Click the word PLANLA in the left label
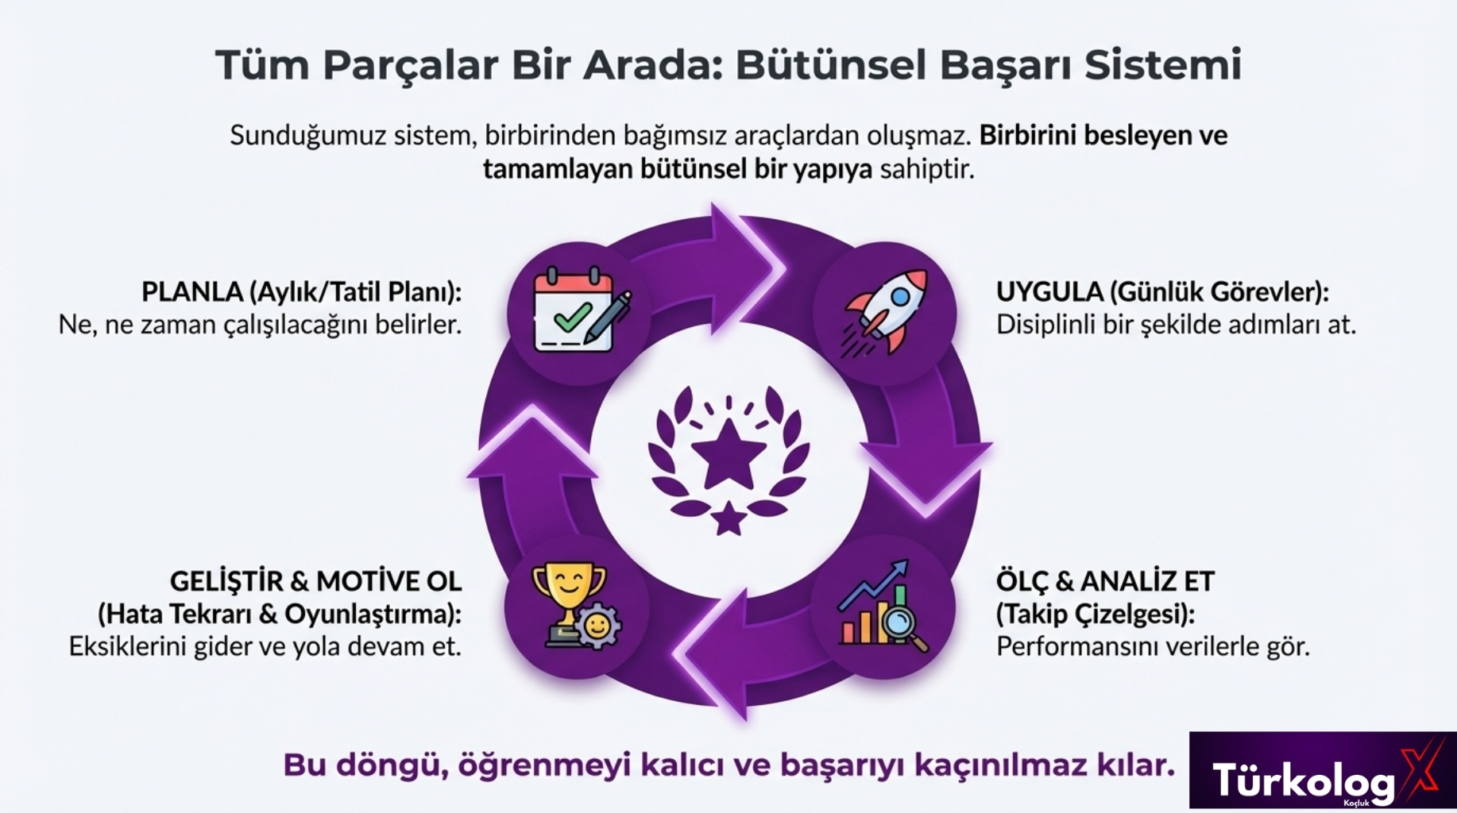click(192, 292)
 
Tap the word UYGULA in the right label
click(1049, 292)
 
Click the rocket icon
click(885, 312)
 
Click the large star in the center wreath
click(728, 454)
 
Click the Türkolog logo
click(1322, 770)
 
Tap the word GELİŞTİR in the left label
click(226, 581)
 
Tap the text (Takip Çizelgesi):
click(1096, 614)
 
